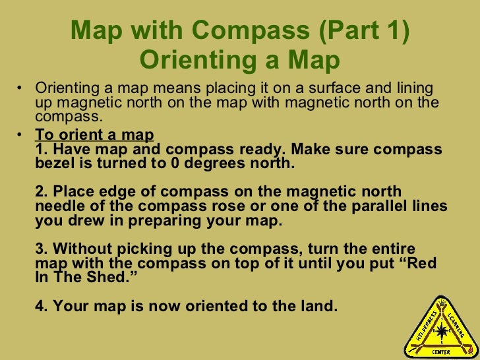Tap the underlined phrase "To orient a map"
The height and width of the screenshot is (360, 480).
click(94, 135)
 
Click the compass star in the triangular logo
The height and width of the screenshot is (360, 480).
click(438, 324)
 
